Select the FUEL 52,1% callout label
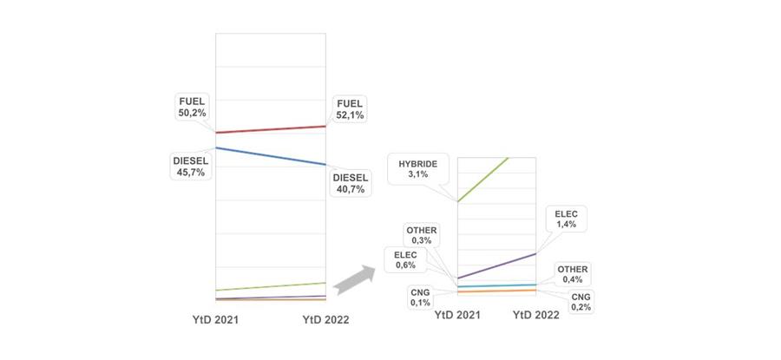tap(350, 109)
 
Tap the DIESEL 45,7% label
tap(191, 167)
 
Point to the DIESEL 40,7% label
tap(351, 183)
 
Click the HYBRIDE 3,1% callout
tap(417, 169)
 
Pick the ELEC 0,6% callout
tap(405, 260)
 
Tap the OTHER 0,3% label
tap(422, 236)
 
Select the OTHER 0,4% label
tap(573, 274)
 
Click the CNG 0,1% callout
tap(420, 298)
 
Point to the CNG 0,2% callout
tap(581, 302)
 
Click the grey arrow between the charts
tap(354, 280)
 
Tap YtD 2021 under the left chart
tap(216, 320)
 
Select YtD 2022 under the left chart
tap(325, 320)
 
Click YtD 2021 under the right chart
tap(457, 315)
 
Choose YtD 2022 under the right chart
tap(536, 315)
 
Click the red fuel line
tap(271, 129)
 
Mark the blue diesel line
tap(271, 156)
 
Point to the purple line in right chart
tap(496, 266)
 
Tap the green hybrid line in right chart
tap(482, 180)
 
